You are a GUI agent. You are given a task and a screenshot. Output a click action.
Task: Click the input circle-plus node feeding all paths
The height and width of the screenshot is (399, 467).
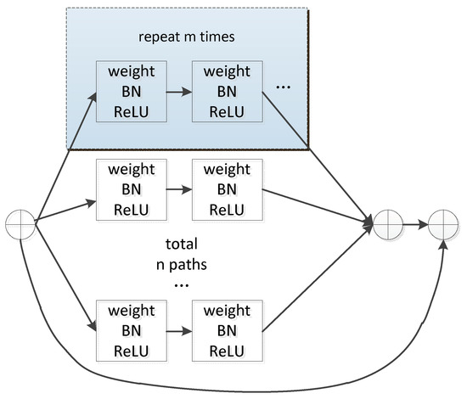pyautogui.click(x=19, y=226)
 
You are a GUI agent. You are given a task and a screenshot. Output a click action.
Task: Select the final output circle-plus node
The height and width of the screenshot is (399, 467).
pyautogui.click(x=443, y=226)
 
